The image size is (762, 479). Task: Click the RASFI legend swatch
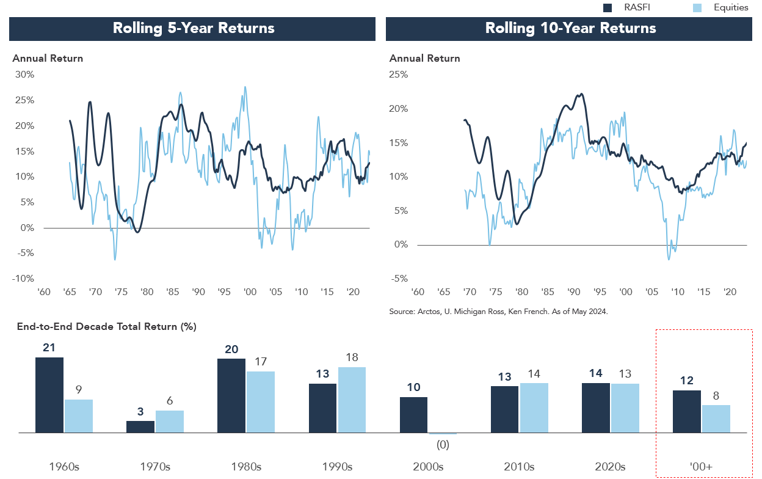(x=608, y=7)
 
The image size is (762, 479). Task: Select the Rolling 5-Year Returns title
(x=193, y=28)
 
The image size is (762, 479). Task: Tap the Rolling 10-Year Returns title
(x=570, y=28)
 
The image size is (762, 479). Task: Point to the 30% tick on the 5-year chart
(x=25, y=75)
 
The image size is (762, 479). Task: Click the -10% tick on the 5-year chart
(x=24, y=279)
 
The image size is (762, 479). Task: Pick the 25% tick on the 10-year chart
(x=399, y=75)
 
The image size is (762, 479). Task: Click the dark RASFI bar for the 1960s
(x=49, y=395)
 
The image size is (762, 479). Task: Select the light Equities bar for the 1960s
(x=79, y=416)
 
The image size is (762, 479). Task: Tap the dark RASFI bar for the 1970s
(x=140, y=426)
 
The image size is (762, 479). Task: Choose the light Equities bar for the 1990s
(x=352, y=400)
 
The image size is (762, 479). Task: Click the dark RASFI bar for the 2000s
(x=414, y=415)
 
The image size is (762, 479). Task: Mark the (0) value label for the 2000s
(x=443, y=444)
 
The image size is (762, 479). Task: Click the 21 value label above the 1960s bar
(x=49, y=348)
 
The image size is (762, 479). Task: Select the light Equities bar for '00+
(x=716, y=419)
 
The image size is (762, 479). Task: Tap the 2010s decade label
(x=519, y=466)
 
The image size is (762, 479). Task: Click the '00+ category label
(x=702, y=466)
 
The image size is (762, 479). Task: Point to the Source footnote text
(x=499, y=312)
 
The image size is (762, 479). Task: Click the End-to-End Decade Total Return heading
(x=107, y=327)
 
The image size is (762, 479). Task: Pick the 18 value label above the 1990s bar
(x=352, y=357)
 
